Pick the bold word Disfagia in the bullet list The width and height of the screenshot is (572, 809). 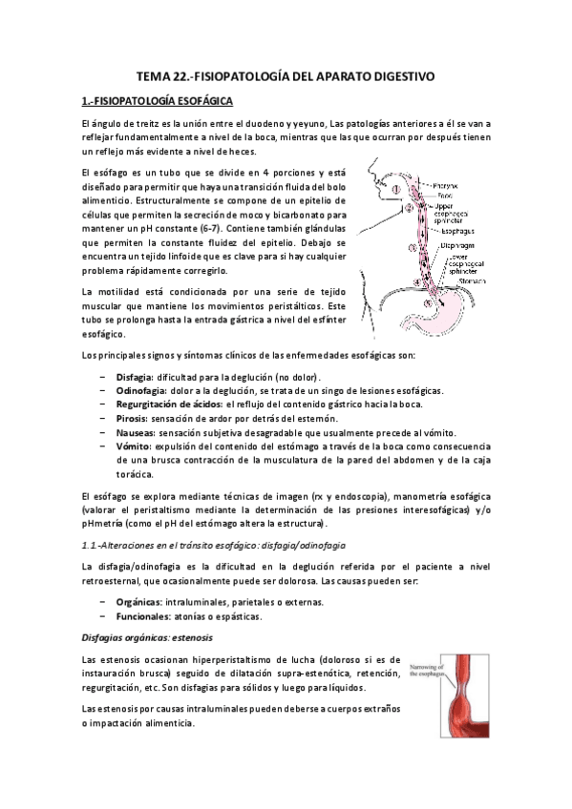point(132,378)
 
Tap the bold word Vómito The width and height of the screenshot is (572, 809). point(131,446)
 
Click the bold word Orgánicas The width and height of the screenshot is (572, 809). point(137,575)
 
